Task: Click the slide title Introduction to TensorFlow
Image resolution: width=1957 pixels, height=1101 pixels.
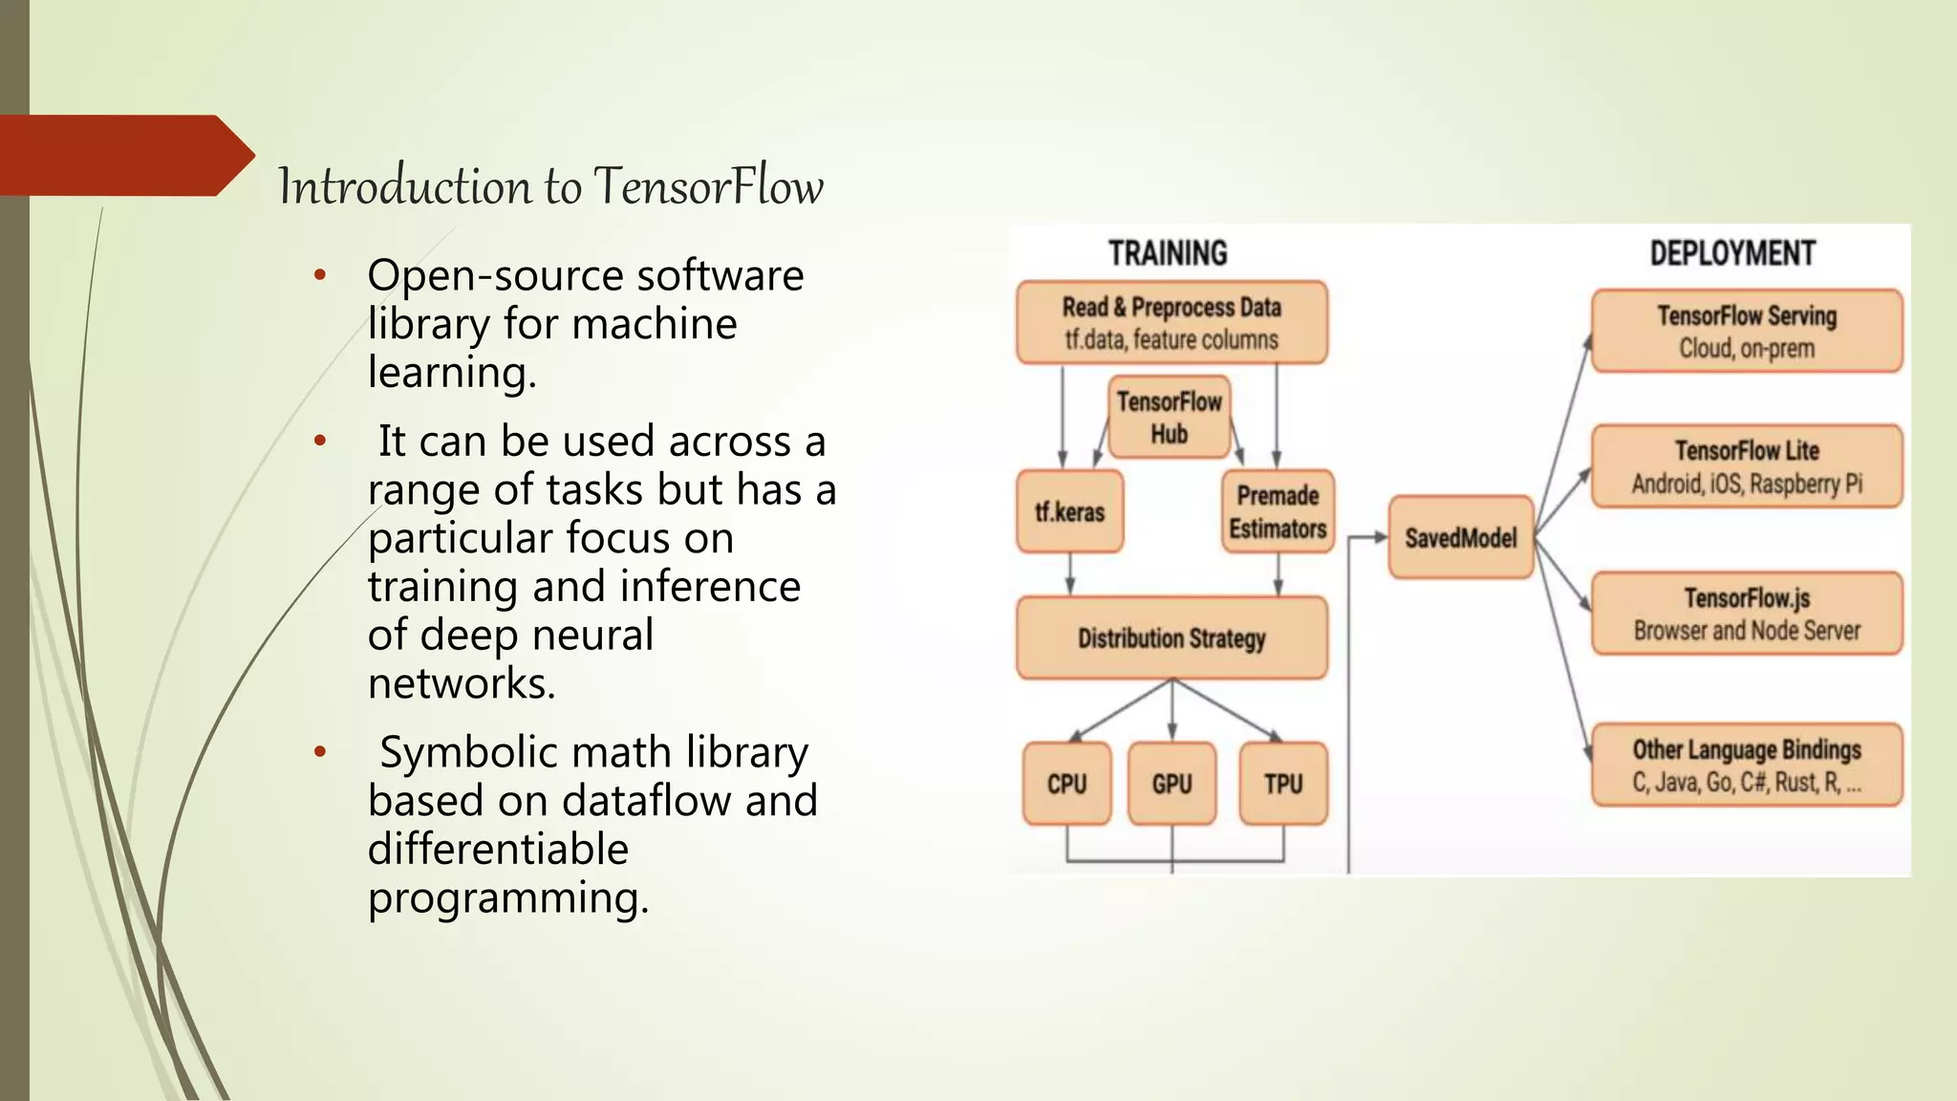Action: pos(550,185)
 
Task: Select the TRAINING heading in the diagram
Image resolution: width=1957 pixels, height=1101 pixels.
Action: pos(1168,253)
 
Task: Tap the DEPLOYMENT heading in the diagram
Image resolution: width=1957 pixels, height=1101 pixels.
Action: pos(1732,253)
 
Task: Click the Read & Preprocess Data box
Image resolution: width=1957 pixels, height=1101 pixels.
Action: pos(1172,323)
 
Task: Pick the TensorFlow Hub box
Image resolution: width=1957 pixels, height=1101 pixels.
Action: pos(1170,417)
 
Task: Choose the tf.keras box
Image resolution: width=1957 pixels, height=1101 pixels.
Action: pos(1069,512)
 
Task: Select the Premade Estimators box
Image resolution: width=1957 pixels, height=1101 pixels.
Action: pos(1278,512)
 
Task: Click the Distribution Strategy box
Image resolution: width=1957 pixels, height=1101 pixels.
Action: pos(1172,637)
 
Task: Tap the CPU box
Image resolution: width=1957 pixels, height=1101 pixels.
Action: pos(1066,784)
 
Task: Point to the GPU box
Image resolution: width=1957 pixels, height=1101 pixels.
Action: pos(1172,784)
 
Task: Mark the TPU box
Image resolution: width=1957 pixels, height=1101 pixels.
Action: pos(1283,784)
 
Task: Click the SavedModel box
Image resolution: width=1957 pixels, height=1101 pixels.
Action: pos(1460,538)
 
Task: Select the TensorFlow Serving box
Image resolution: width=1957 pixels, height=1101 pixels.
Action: pos(1747,331)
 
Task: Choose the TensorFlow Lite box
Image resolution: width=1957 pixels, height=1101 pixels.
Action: pos(1747,466)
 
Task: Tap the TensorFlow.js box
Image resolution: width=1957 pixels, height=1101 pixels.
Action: pos(1747,614)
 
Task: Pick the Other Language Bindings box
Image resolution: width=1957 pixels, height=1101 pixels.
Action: pos(1747,765)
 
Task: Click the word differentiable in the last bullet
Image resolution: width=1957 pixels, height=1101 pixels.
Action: pos(498,850)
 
